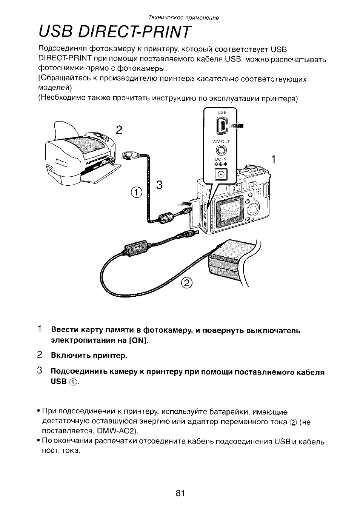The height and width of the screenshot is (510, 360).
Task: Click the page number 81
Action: pos(180,493)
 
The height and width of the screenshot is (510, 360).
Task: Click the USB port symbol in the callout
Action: pos(222,126)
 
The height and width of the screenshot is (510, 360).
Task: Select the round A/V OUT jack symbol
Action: pos(222,150)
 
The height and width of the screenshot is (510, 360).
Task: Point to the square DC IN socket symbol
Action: pos(221,175)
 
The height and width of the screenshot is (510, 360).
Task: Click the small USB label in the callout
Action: pos(222,112)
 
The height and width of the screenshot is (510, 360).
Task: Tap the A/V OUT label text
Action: pos(222,142)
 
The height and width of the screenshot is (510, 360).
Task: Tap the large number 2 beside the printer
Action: pos(119,130)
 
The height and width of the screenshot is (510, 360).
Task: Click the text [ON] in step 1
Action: pos(138,341)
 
